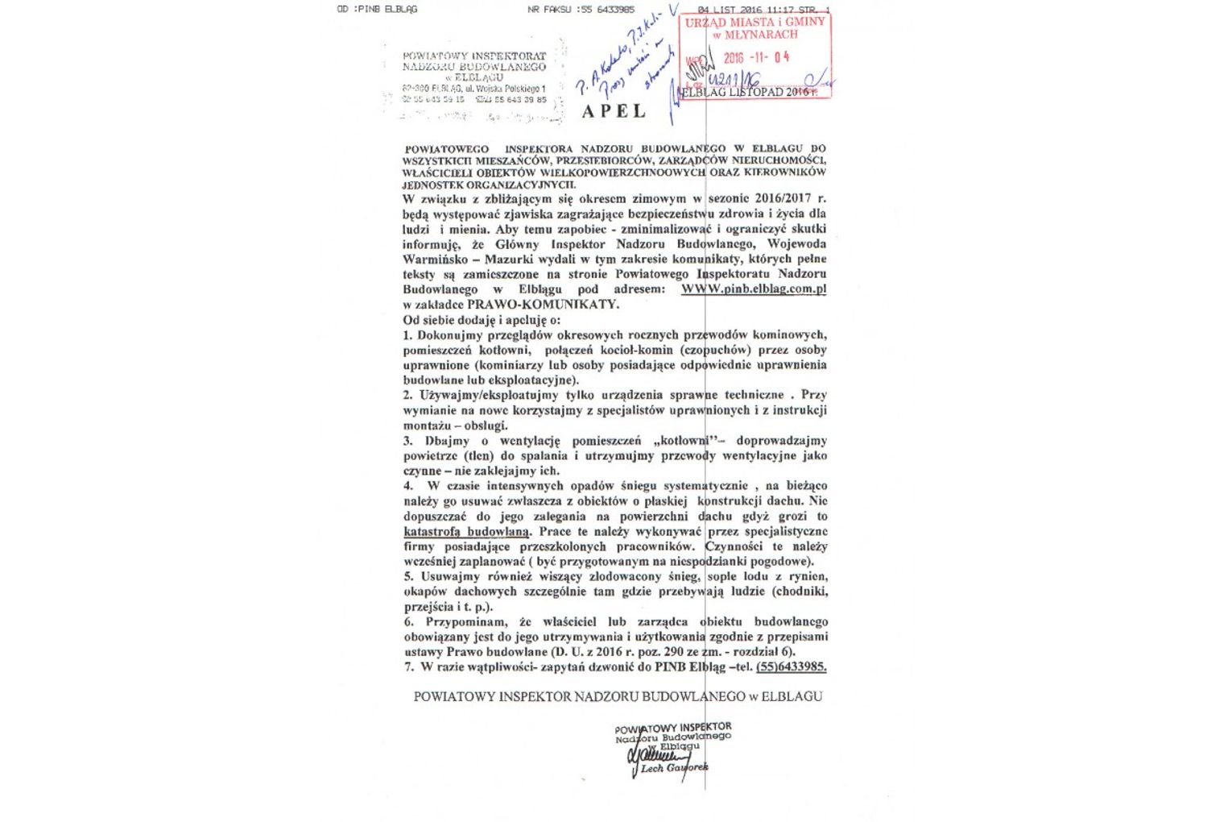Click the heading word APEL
tap(614, 111)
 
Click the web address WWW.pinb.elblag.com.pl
tap(754, 289)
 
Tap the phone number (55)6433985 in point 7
tap(791, 667)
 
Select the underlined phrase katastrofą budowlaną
tap(467, 532)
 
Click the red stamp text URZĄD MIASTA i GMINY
tap(754, 23)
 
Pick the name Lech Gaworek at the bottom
tap(674, 768)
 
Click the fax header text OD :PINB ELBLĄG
tap(377, 10)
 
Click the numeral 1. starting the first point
tap(408, 335)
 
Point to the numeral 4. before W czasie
tap(409, 486)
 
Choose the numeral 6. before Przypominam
tap(409, 622)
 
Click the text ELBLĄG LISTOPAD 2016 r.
tap(747, 92)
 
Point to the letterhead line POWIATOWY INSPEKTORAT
tap(474, 56)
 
